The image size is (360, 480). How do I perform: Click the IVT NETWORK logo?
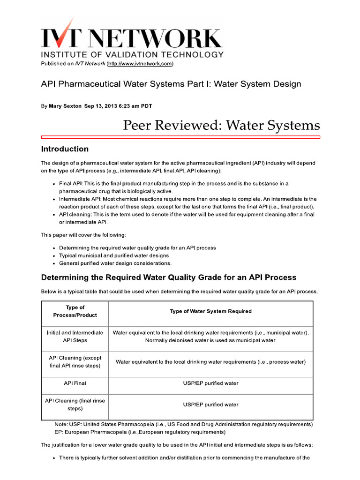point(132,37)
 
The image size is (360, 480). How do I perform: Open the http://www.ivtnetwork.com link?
point(140,63)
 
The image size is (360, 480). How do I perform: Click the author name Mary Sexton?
point(65,106)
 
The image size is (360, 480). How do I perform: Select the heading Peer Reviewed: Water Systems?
point(221,125)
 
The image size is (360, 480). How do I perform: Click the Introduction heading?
point(65,149)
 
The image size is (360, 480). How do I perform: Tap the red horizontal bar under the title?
point(180,137)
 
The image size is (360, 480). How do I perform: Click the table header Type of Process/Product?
point(75,311)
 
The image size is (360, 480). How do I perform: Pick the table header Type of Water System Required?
point(210,311)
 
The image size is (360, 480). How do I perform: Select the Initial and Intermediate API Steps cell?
point(75,336)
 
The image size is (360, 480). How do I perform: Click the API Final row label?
point(75,383)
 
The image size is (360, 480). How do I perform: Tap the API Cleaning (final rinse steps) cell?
point(75,405)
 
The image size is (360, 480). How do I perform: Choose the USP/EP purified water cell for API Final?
point(210,383)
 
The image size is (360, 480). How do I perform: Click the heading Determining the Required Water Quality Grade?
point(169,277)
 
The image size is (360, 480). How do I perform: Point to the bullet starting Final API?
point(173,183)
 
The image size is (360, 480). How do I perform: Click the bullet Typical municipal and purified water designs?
point(114,255)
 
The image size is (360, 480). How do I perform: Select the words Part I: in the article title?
point(187,84)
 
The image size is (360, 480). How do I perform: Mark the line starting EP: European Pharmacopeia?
point(140,432)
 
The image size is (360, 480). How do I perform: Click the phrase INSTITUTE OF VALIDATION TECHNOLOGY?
point(132,54)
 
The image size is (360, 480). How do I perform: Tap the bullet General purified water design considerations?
point(115,263)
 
